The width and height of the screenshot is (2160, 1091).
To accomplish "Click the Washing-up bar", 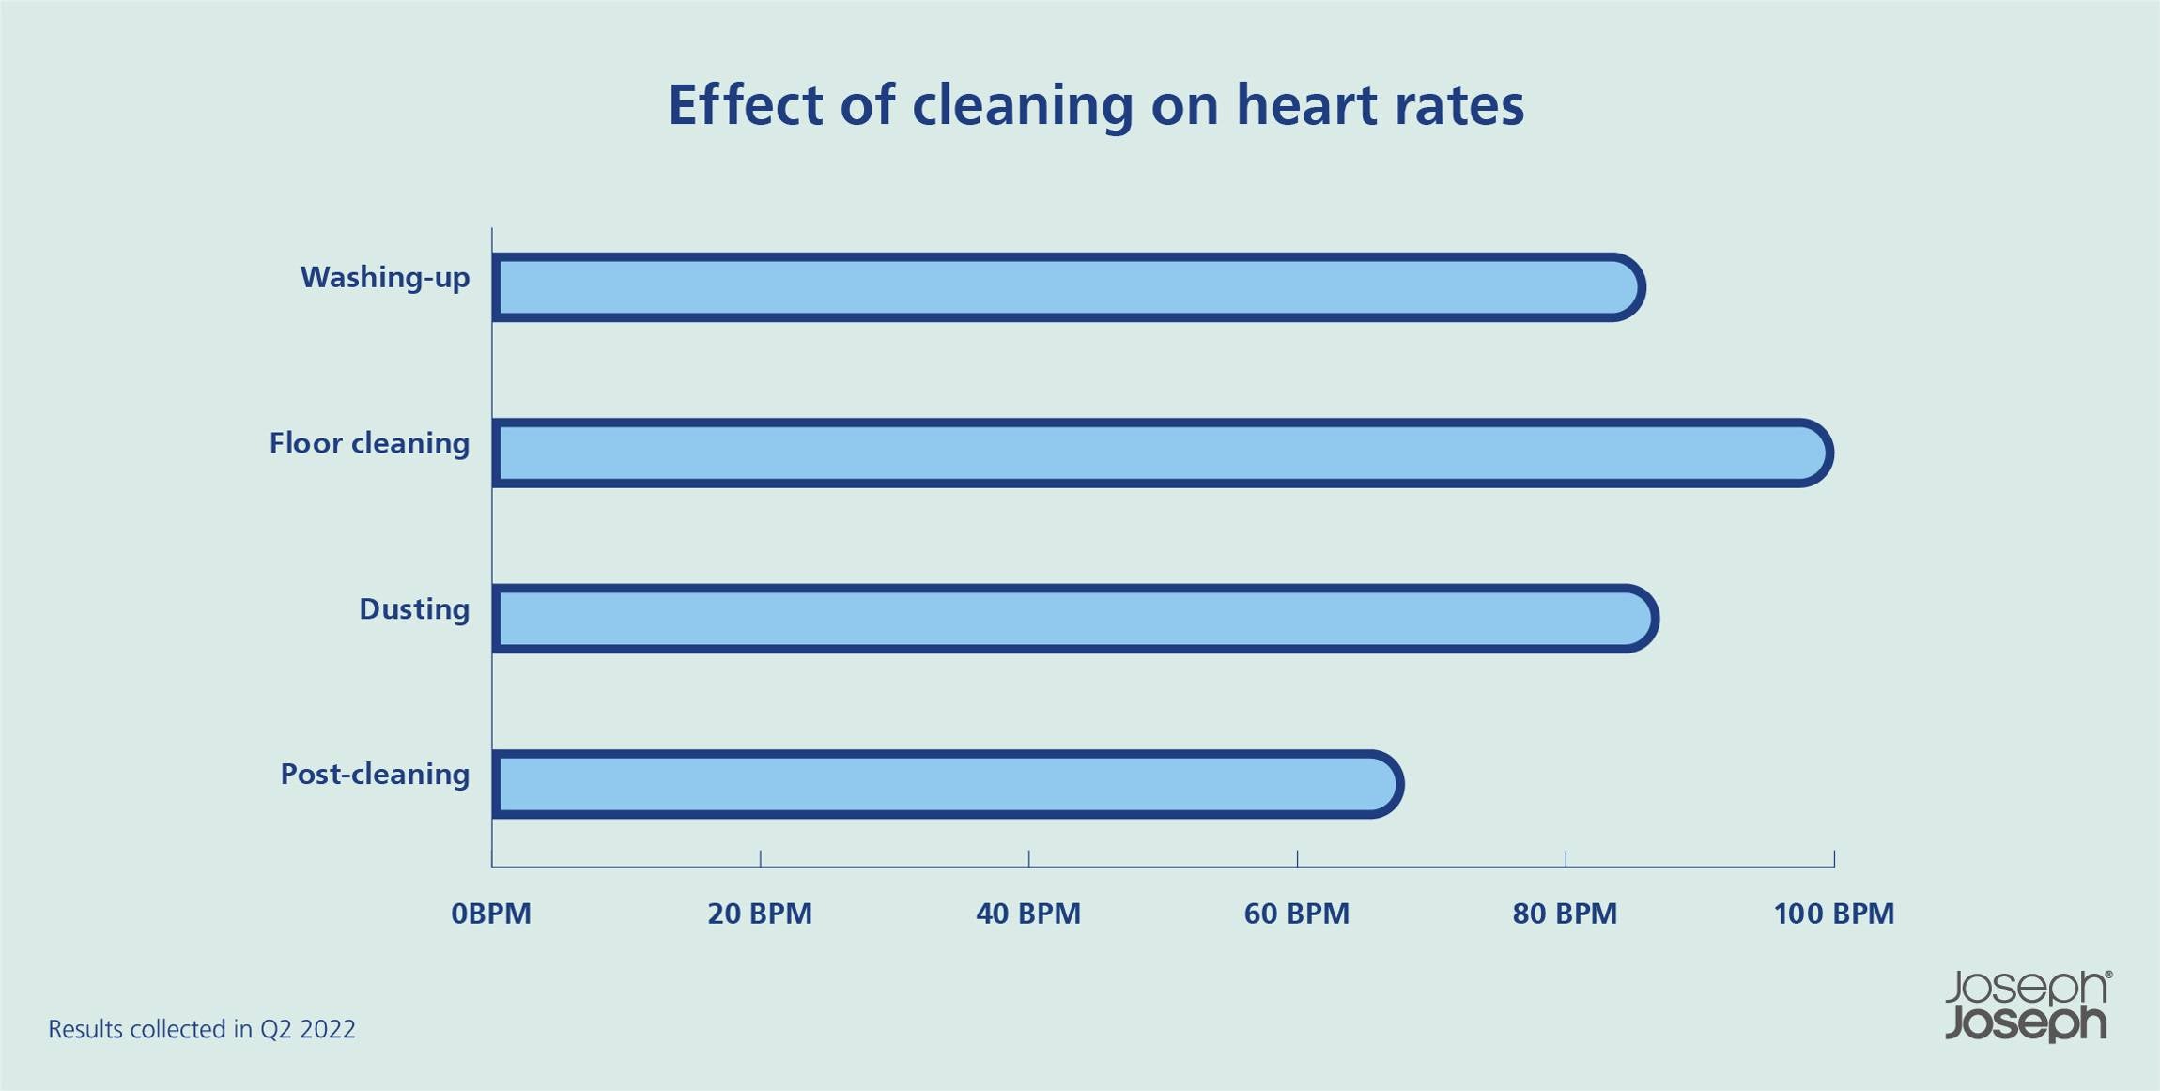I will click(x=1066, y=287).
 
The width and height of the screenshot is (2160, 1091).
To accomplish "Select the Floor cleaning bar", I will click(x=1160, y=453).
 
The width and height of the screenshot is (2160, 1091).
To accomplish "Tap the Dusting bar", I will click(x=1073, y=619).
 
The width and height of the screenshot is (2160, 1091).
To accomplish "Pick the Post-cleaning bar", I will click(x=946, y=784).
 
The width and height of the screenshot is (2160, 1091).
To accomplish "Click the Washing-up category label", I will click(x=384, y=278).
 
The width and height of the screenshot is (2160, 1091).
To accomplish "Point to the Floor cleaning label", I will click(x=369, y=443).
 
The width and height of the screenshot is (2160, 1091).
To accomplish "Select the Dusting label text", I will click(x=414, y=609).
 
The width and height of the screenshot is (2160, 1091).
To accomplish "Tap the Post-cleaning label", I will click(x=375, y=775).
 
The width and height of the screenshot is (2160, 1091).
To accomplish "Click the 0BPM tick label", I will click(x=491, y=914).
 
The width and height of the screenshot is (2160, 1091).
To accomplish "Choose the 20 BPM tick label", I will click(x=760, y=914).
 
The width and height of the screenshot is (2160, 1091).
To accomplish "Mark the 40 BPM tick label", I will click(x=1028, y=914).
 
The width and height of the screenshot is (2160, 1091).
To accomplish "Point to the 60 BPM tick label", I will click(x=1296, y=914).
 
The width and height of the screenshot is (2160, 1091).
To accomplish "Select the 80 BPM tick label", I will click(x=1565, y=914).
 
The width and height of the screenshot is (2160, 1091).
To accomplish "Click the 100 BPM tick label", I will click(x=1833, y=914).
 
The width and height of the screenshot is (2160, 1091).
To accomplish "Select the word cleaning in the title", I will click(x=1023, y=106).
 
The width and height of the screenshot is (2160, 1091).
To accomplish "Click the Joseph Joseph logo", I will click(x=2027, y=1006).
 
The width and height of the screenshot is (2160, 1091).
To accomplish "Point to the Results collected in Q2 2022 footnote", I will click(x=202, y=1030).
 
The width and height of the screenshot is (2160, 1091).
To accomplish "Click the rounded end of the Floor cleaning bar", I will click(x=1813, y=453).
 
